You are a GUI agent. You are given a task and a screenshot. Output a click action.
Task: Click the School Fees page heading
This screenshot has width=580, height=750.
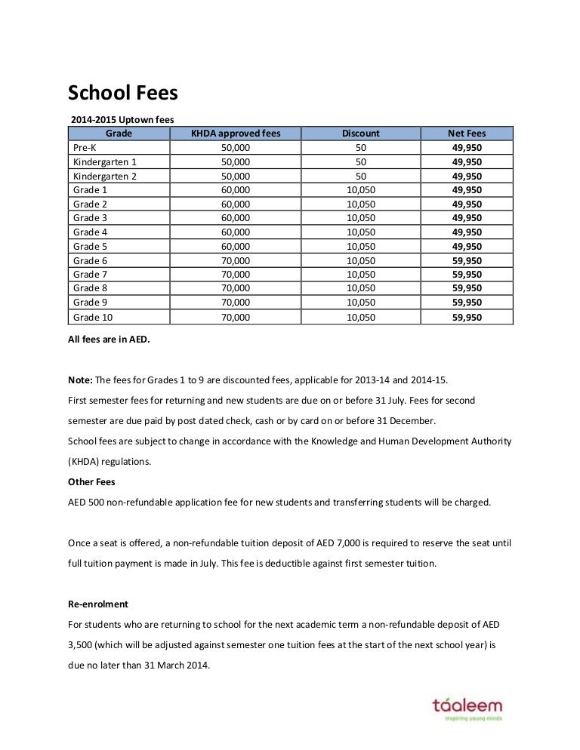tap(123, 93)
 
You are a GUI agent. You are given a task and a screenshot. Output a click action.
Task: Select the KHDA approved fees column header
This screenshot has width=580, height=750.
tap(236, 134)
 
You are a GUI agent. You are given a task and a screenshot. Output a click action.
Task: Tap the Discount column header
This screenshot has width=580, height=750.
tap(360, 134)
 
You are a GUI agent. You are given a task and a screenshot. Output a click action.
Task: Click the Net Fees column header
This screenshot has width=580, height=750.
tap(467, 134)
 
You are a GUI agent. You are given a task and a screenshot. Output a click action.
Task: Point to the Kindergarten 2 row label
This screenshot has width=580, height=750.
tap(105, 176)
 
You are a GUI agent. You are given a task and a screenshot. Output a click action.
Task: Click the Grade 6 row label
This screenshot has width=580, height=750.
tap(89, 260)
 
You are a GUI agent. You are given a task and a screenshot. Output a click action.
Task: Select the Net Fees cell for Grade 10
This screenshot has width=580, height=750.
tap(467, 318)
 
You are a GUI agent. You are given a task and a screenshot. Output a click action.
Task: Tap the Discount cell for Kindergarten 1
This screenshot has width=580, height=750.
tap(360, 162)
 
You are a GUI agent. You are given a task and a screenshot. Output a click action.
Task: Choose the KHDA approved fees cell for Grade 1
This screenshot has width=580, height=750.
tap(236, 190)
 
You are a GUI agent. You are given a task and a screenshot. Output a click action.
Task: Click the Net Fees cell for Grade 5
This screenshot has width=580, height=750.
tap(467, 246)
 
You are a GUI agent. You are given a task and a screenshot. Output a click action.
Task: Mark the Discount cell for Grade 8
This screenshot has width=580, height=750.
tap(360, 288)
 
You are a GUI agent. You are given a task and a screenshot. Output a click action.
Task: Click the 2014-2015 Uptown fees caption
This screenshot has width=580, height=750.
tap(122, 119)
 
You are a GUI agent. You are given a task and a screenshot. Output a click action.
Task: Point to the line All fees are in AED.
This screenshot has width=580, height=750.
tap(110, 340)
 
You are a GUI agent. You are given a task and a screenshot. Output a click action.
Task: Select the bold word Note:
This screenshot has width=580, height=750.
tap(81, 380)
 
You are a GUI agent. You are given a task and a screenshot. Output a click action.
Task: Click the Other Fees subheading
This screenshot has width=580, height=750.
tap(91, 481)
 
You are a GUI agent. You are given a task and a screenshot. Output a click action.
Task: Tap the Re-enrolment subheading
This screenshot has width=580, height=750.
tap(98, 604)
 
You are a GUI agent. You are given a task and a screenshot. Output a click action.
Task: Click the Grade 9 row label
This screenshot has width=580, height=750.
tap(89, 303)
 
